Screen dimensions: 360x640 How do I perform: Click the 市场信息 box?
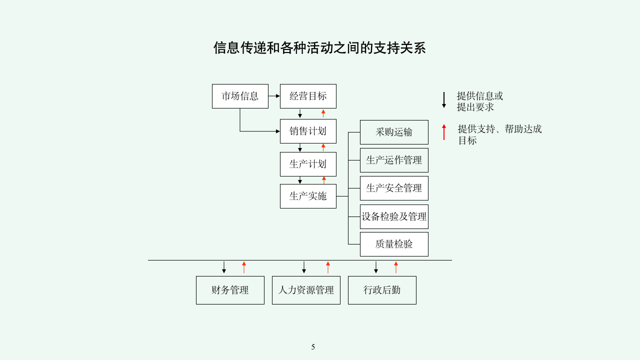point(240,96)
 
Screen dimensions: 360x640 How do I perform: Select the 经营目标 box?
point(308,96)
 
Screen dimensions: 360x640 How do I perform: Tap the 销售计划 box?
point(308,131)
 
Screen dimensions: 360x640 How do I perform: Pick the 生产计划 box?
point(308,164)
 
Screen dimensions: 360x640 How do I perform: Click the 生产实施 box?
point(308,196)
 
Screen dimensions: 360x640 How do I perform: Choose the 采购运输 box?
point(394,132)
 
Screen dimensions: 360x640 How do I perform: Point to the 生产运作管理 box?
point(394,160)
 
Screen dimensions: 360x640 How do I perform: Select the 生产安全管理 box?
point(394,188)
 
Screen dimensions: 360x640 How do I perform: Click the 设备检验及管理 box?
point(394,216)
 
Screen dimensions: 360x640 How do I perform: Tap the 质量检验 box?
point(394,244)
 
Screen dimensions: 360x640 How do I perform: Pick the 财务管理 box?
point(230,290)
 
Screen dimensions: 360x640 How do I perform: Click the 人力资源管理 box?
point(306,290)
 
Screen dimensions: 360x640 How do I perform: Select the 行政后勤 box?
point(382,290)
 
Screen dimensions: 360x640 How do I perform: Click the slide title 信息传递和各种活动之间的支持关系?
point(319,48)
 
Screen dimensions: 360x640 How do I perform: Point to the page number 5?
point(313,347)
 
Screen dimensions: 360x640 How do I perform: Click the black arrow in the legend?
point(443,100)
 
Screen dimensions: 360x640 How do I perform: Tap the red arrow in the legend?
point(443,132)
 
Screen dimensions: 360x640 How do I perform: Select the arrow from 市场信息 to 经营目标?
point(274,96)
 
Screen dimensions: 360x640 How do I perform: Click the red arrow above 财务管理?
point(244,267)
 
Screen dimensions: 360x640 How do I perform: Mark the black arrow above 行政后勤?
point(376,267)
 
